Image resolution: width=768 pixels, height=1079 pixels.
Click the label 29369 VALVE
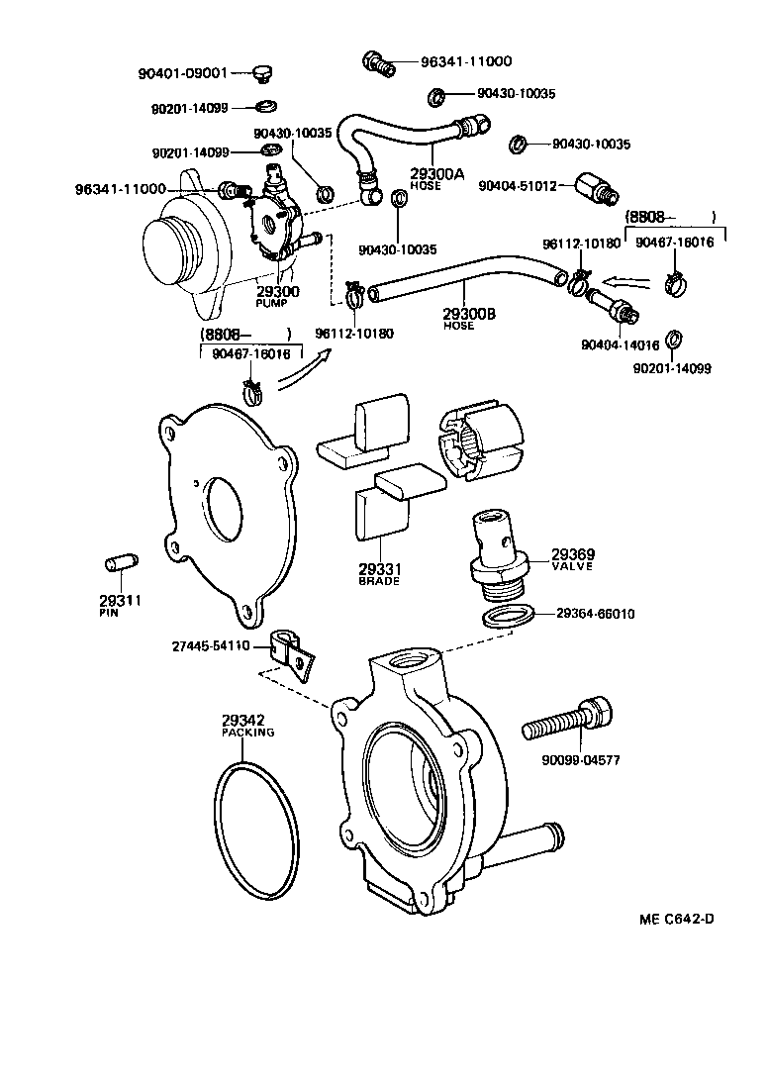572,559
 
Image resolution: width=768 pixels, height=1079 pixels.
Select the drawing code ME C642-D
676,918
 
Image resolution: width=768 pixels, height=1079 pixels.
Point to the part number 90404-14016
624,345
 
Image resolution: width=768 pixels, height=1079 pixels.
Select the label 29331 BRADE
378,574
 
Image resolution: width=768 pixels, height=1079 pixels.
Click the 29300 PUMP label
278,295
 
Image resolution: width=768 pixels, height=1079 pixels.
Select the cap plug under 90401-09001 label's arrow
262,73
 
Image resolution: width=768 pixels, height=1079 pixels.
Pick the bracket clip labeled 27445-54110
291,652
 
